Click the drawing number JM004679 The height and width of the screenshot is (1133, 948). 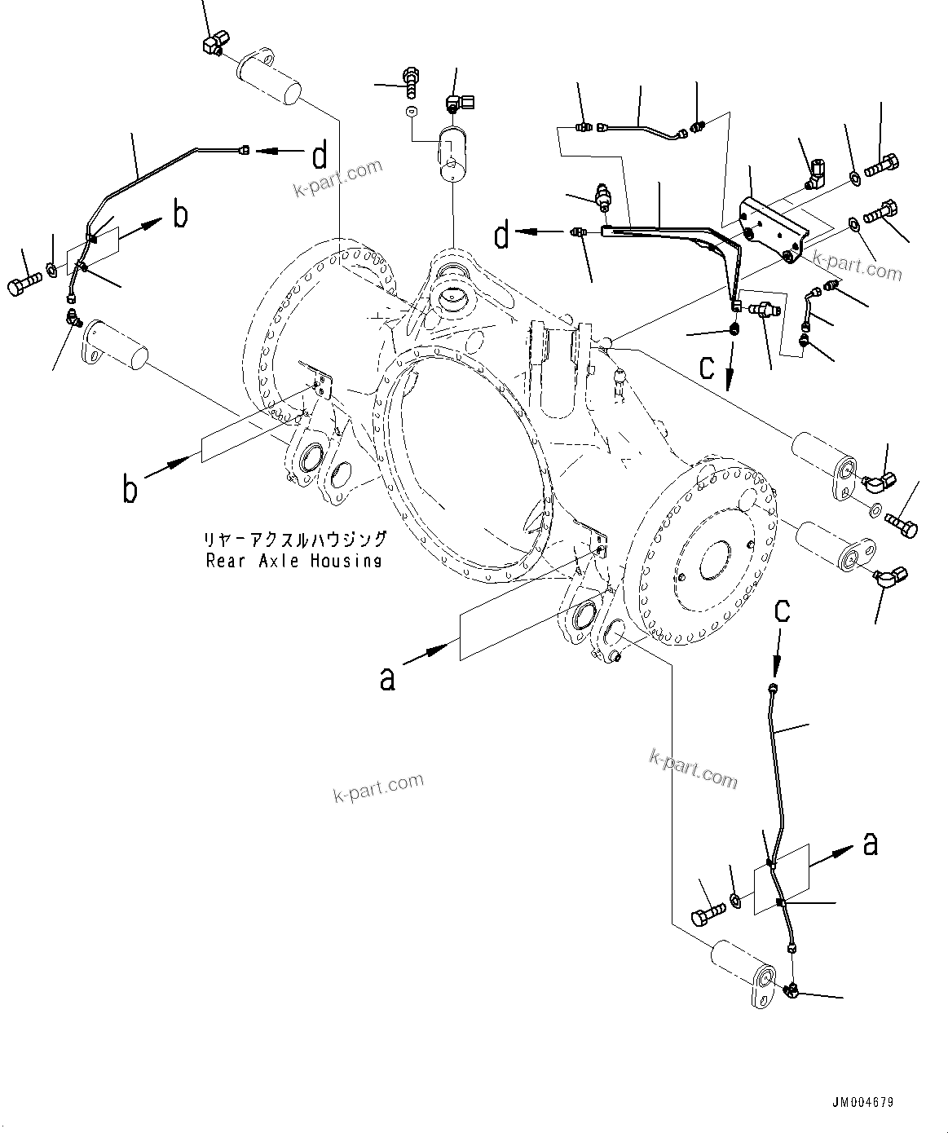click(x=863, y=1102)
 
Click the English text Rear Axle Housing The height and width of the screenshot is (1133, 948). click(x=293, y=561)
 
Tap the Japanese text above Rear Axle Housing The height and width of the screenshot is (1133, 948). click(x=295, y=540)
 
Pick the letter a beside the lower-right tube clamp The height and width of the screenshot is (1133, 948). click(x=870, y=845)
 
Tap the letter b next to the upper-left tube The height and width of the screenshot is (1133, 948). click(x=180, y=215)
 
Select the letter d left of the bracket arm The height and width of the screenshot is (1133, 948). click(x=502, y=236)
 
